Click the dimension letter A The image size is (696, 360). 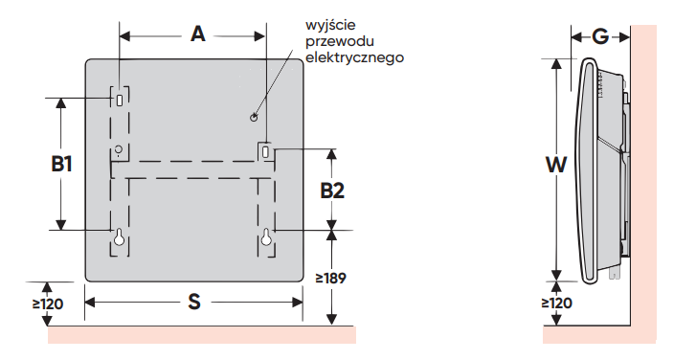198,34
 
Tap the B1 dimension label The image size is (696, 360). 61,165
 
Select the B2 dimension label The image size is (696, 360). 332,191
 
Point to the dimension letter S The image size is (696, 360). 194,302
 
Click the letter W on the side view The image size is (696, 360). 556,165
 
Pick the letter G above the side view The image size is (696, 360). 600,36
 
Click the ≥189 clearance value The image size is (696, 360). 331,279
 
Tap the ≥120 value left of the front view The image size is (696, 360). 48,304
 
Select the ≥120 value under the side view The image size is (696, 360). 556,304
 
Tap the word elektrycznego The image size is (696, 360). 354,57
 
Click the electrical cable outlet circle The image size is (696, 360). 254,117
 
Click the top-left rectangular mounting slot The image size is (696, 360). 120,100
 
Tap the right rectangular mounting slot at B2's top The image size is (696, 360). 266,151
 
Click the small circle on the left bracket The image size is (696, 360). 118,148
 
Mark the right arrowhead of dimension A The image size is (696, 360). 260,36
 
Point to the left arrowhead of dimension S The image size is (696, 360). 90,303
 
